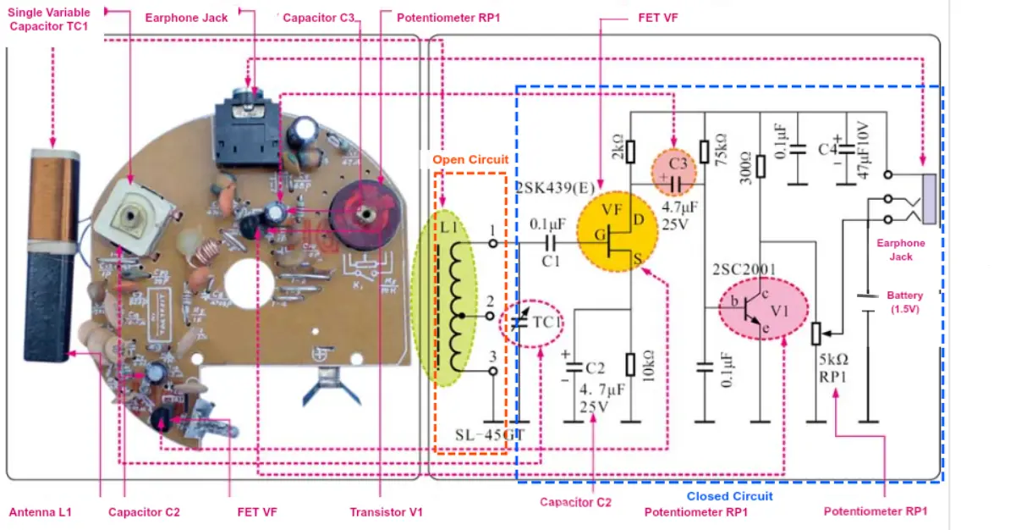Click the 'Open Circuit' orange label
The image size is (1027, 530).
(470, 159)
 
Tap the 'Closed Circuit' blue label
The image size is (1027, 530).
(729, 496)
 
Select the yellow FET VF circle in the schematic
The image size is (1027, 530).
(617, 231)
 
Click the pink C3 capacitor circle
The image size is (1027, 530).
(674, 172)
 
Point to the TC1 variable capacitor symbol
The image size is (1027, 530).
(530, 323)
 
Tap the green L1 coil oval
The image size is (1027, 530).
(444, 299)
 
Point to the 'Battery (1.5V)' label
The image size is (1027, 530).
(904, 302)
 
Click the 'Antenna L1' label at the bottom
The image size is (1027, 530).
(40, 512)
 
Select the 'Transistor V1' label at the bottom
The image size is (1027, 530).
(386, 512)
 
